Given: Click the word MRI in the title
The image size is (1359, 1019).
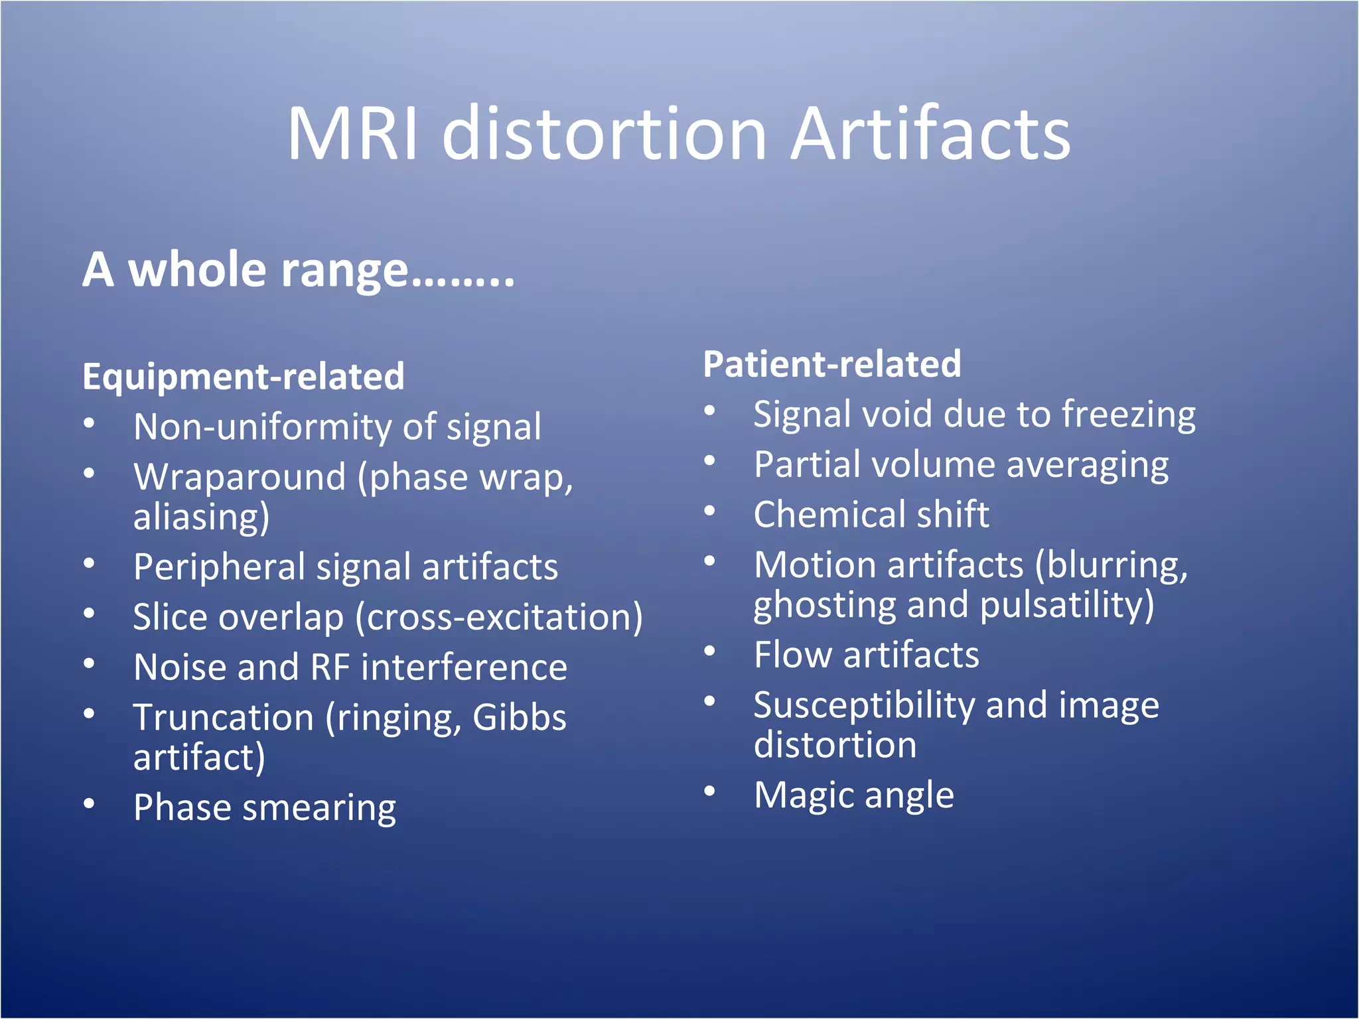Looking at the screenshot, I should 352,135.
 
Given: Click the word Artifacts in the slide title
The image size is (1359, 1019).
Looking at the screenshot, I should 930,135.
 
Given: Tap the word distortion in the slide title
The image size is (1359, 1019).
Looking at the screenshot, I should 605,135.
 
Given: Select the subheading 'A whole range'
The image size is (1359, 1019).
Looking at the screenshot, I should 298,271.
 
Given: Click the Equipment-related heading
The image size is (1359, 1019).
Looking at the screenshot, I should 243,377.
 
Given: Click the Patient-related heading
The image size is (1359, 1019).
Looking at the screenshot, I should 831,364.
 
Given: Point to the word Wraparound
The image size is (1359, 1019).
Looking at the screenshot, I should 240,477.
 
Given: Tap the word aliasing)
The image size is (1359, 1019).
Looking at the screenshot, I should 202,517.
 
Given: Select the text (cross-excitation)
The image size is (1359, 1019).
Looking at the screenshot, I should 499,618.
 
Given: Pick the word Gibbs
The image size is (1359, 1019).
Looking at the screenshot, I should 520,718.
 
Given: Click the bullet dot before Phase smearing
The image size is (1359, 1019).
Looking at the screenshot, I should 90,803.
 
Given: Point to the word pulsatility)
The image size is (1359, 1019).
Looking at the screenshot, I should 1067,605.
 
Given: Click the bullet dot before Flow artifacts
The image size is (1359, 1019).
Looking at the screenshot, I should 710,651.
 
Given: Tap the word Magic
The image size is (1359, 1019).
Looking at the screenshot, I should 804,795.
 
